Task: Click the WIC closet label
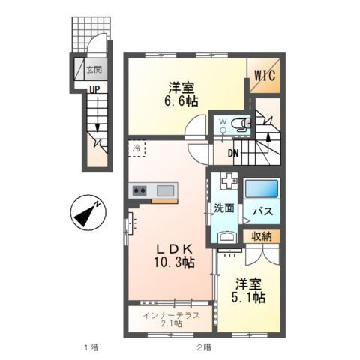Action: (264, 76)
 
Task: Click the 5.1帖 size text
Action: (247, 298)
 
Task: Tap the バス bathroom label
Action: (261, 212)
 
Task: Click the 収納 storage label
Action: (262, 236)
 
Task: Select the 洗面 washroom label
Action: (224, 207)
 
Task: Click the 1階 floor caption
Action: (91, 347)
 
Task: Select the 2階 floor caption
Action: (203, 347)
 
